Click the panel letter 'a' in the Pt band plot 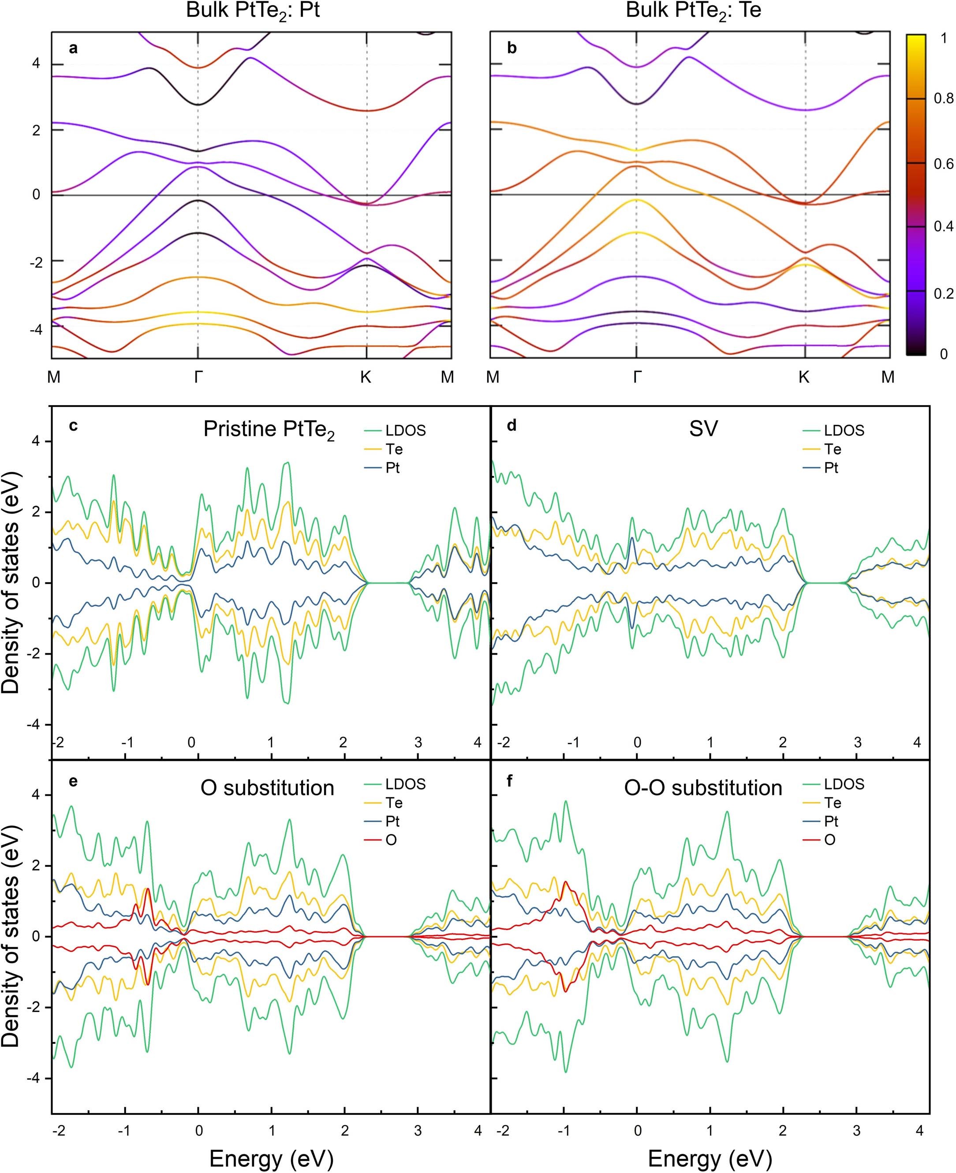(x=73, y=48)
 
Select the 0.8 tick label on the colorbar (x=943, y=99)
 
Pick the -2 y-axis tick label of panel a (x=36, y=263)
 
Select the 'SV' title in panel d (x=703, y=429)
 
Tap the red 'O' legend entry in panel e (x=391, y=841)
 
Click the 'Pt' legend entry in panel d (x=832, y=468)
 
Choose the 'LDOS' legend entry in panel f (x=844, y=784)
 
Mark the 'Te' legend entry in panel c (x=394, y=450)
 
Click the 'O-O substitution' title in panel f (x=703, y=788)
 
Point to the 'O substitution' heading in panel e (x=268, y=788)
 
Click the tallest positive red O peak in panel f (x=566, y=883)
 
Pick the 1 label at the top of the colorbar (x=943, y=38)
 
